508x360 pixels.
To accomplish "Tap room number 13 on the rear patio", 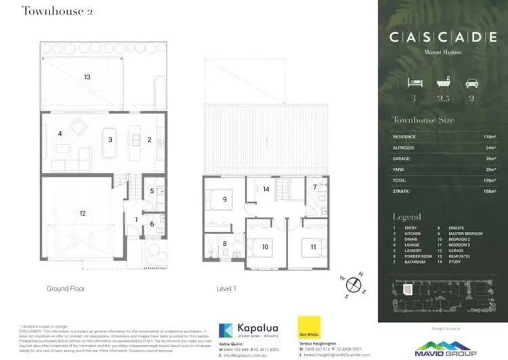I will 87,77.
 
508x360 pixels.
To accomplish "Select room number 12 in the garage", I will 83,213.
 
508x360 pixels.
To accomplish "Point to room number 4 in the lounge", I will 60,134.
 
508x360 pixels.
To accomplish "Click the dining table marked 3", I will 110,140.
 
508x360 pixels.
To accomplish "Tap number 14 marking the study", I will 267,189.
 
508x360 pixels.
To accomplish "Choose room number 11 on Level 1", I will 312,247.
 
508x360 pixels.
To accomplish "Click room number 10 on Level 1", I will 265,247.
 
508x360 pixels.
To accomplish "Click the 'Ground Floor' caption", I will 66,288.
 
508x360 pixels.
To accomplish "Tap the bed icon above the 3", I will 414,83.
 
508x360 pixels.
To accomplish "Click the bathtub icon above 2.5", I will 443,83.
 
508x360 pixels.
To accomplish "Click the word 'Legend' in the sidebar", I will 406,217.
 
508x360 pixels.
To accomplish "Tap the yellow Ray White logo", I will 308,332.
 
